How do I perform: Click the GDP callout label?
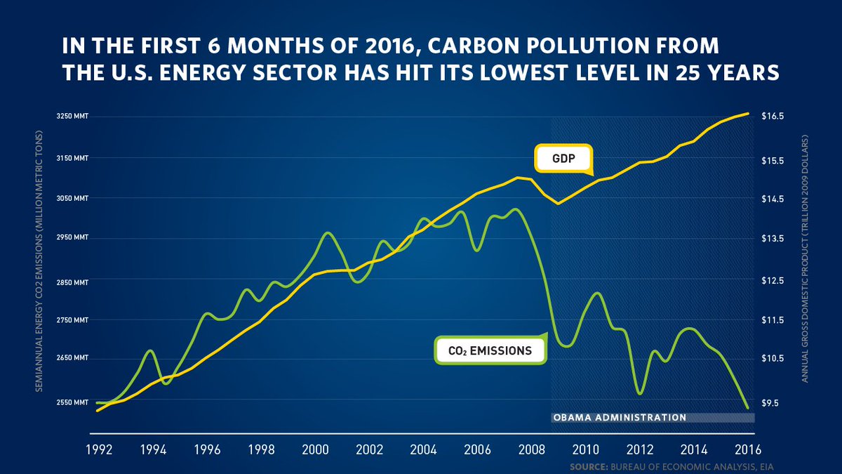point(563,159)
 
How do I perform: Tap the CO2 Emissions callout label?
point(489,350)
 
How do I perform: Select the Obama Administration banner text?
point(620,417)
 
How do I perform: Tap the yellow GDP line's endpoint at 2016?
point(748,113)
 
